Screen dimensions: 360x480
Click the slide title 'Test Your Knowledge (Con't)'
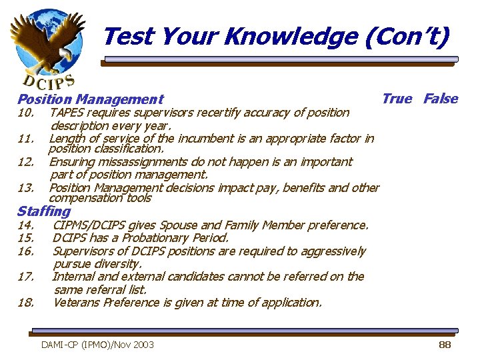coord(276,36)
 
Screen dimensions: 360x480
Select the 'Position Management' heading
coord(90,100)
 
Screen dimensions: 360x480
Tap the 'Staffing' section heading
coord(43,211)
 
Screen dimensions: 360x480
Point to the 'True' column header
coord(397,99)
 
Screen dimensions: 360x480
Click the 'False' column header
coord(441,99)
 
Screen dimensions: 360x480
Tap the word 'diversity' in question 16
coord(117,264)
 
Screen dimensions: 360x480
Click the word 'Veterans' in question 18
coord(76,302)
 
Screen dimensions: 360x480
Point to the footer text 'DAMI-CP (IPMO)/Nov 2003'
coord(97,345)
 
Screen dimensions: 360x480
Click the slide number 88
coord(445,345)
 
